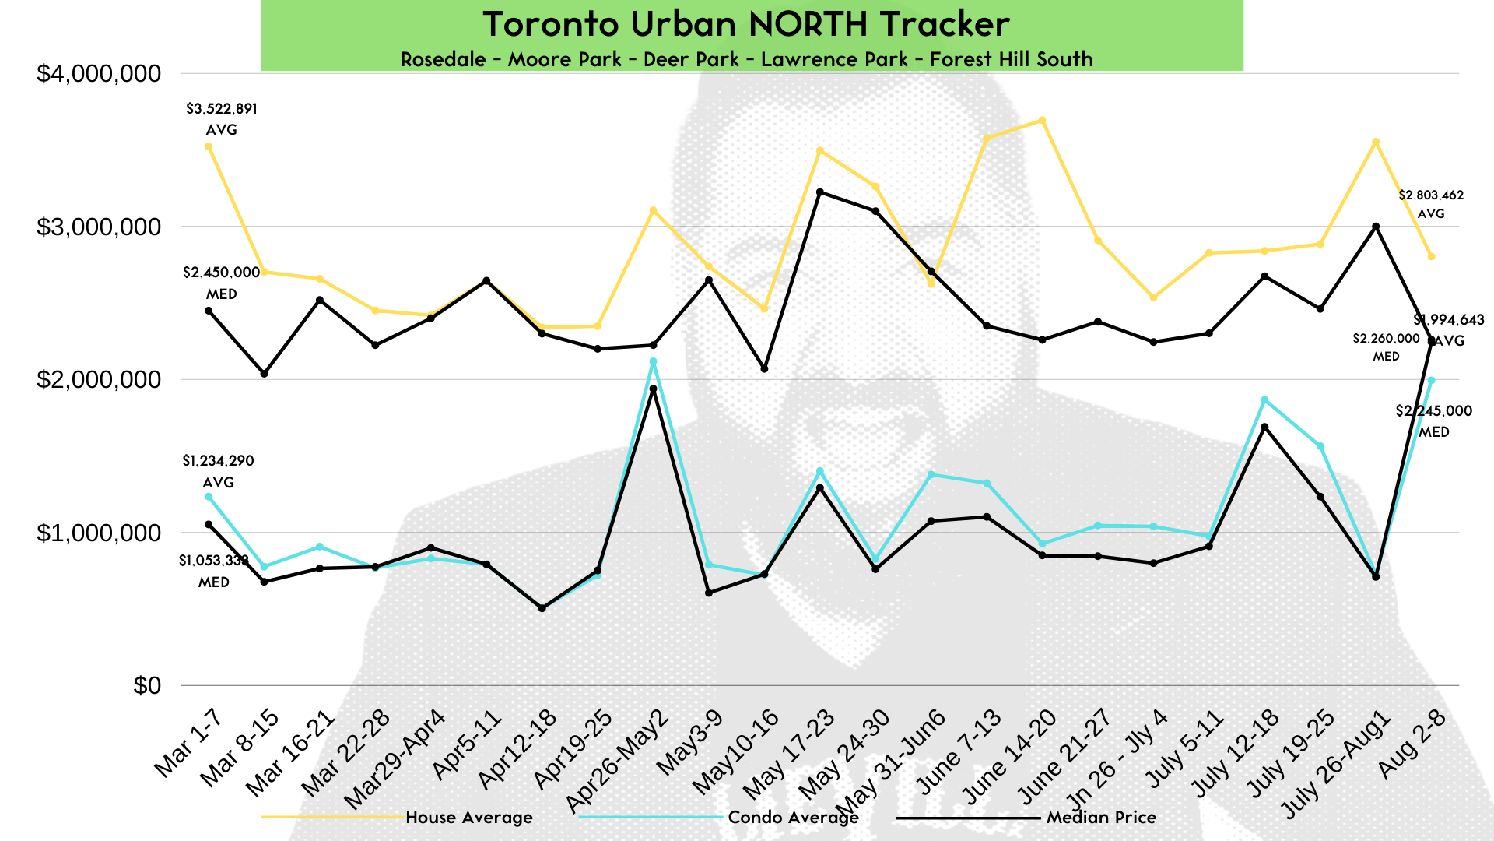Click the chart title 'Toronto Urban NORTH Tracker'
(x=746, y=24)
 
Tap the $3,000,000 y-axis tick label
(x=99, y=227)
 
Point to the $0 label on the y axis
(x=147, y=686)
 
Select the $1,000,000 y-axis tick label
(x=99, y=533)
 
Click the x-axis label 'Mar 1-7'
(x=188, y=743)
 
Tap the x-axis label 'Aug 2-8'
(x=1412, y=744)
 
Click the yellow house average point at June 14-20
(x=1042, y=121)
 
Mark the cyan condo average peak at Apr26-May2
(x=654, y=361)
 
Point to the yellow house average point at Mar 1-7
(x=209, y=146)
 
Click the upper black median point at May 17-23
(x=820, y=192)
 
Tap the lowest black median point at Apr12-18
(x=542, y=608)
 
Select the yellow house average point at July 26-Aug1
(x=1376, y=143)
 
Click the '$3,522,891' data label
(x=222, y=109)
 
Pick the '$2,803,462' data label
(x=1431, y=195)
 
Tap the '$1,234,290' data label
(x=219, y=461)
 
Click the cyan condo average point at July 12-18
(x=1264, y=400)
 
